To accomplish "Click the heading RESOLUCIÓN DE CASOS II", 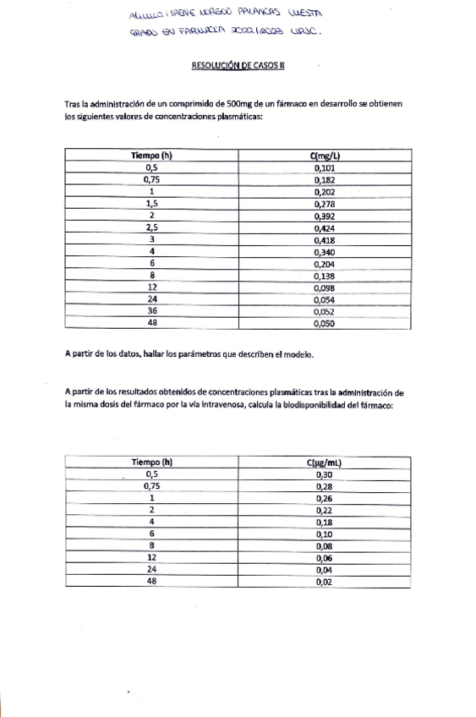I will [238, 65].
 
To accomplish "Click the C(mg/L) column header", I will [325, 156].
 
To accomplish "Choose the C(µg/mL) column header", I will [325, 462].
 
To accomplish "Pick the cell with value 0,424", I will [325, 228].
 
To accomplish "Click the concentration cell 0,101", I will [325, 168].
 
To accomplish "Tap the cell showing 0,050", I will [325, 323].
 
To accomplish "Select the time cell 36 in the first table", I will [152, 310].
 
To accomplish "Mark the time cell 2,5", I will [152, 228].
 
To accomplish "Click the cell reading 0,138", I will [325, 276].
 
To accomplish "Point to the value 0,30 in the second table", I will [325, 474].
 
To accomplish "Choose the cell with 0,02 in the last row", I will [325, 582].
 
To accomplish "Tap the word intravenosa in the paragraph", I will [219, 405].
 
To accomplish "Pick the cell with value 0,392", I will [325, 216].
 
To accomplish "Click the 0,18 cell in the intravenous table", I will [325, 522].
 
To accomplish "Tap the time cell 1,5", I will [152, 204].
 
